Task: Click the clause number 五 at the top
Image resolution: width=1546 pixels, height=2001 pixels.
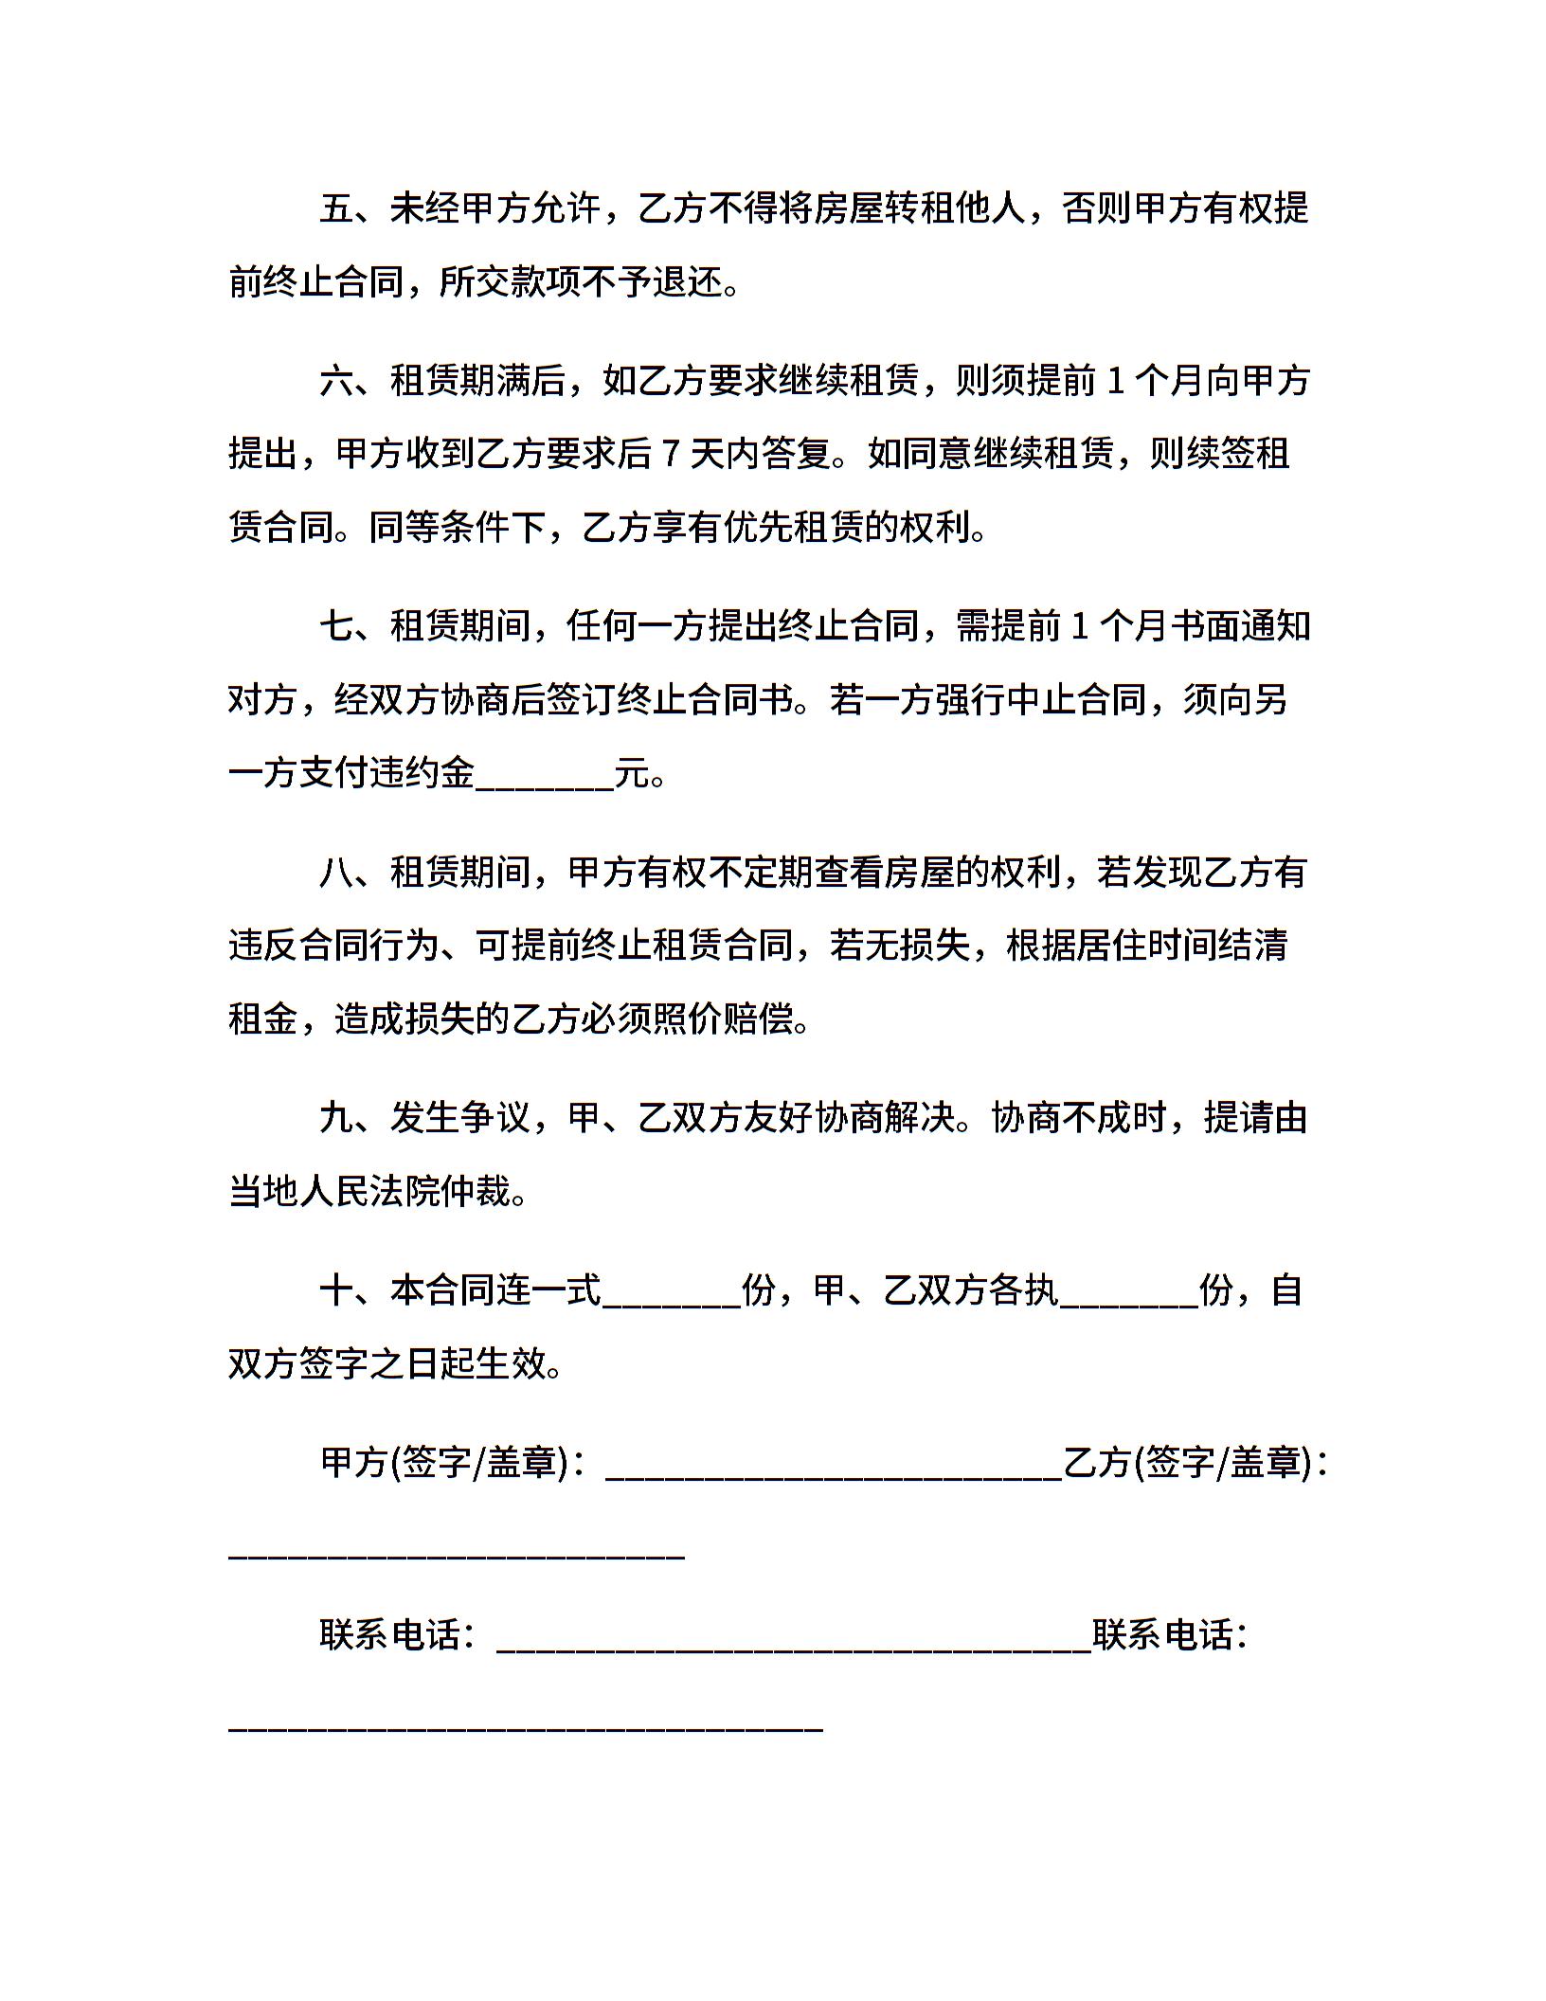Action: (x=336, y=208)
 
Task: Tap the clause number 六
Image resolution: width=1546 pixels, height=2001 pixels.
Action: (x=336, y=381)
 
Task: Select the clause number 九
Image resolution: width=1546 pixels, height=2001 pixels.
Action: (x=336, y=1118)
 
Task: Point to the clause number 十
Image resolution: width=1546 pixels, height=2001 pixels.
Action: (x=336, y=1290)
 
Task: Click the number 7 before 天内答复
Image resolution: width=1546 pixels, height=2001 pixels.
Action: (x=670, y=455)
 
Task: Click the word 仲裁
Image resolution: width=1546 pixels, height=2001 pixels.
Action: (x=475, y=1192)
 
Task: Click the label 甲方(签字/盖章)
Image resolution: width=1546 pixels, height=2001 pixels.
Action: (x=445, y=1463)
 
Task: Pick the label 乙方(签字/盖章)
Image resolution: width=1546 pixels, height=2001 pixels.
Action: (x=1188, y=1463)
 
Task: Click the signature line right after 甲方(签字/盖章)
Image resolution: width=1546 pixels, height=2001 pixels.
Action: (x=834, y=1469)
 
